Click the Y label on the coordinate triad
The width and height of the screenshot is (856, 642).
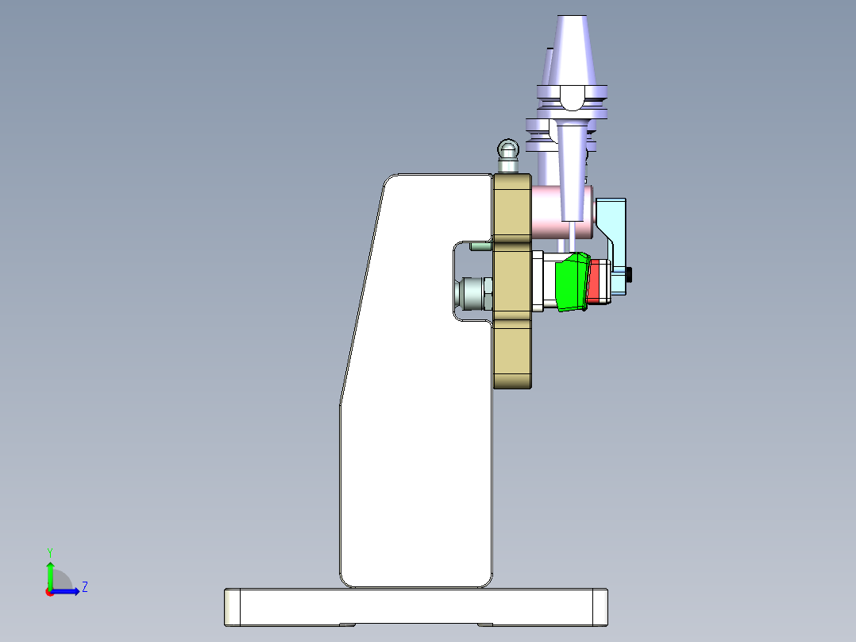pyautogui.click(x=49, y=551)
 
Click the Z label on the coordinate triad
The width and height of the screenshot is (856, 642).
pyautogui.click(x=84, y=587)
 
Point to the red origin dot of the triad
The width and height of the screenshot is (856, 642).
pyautogui.click(x=49, y=592)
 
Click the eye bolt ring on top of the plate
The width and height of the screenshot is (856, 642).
pyautogui.click(x=507, y=149)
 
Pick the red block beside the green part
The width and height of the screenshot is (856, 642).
pyautogui.click(x=593, y=284)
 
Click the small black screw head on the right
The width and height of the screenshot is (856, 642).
pyautogui.click(x=630, y=275)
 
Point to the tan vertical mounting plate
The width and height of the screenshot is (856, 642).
pyautogui.click(x=511, y=350)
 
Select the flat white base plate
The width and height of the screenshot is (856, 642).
pyautogui.click(x=413, y=606)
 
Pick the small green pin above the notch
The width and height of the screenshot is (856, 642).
pyautogui.click(x=479, y=246)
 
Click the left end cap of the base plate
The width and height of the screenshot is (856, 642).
pyautogui.click(x=232, y=607)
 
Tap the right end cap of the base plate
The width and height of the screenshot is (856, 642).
pyautogui.click(x=600, y=606)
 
